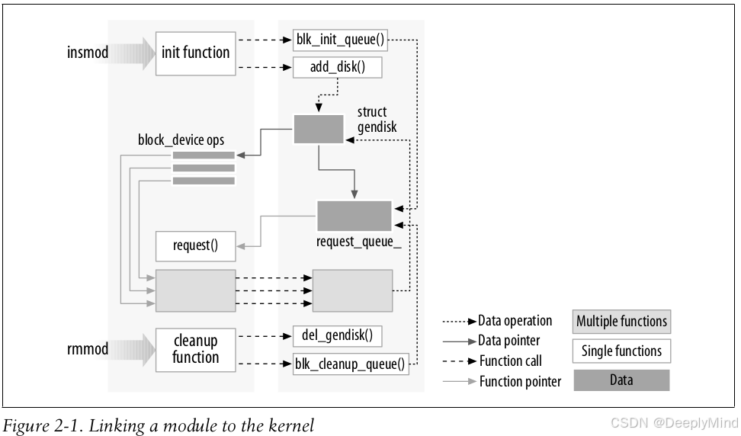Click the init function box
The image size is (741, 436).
click(195, 53)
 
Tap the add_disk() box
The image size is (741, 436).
click(337, 66)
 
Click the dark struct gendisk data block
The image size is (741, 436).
click(318, 129)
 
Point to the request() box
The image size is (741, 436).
click(195, 245)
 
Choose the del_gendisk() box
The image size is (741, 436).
click(337, 335)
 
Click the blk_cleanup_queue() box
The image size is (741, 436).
click(350, 364)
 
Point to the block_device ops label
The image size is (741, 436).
click(181, 140)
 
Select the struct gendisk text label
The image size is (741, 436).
click(373, 119)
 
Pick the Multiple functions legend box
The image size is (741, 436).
click(621, 321)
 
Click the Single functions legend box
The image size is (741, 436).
click(621, 351)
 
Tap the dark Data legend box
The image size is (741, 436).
click(621, 380)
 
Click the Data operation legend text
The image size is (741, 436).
click(515, 321)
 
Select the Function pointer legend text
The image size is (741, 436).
click(520, 381)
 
